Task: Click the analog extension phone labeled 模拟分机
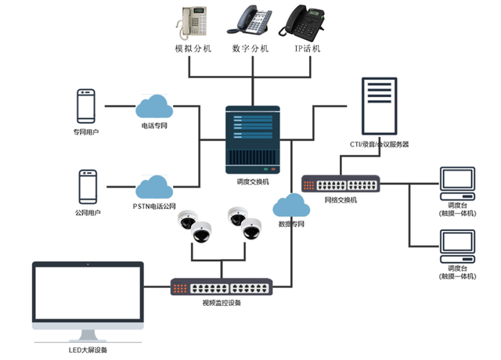point(192,22)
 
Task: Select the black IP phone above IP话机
point(306,21)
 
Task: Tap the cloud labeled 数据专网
point(290,206)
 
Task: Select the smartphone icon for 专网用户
point(86,106)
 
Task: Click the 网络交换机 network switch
point(341,185)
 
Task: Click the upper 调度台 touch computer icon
point(457,184)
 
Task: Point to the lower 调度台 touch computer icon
point(457,247)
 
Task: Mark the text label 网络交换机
point(341,200)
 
